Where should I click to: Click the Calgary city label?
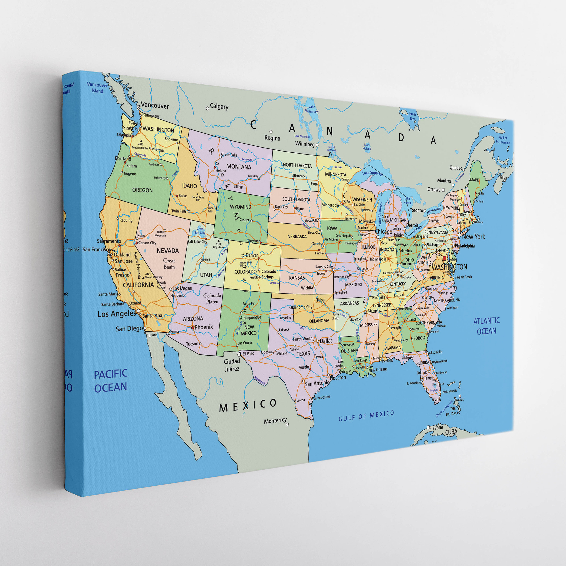click(x=219, y=106)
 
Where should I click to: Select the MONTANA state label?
click(x=239, y=167)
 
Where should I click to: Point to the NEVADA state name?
click(x=168, y=251)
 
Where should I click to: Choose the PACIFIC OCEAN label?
click(x=111, y=381)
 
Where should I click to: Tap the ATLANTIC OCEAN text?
click(x=486, y=326)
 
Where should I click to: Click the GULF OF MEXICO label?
click(x=366, y=416)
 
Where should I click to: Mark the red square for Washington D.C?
click(x=444, y=258)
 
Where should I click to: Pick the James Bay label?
click(x=412, y=116)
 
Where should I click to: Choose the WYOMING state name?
click(x=240, y=207)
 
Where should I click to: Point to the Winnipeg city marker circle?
click(x=317, y=145)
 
